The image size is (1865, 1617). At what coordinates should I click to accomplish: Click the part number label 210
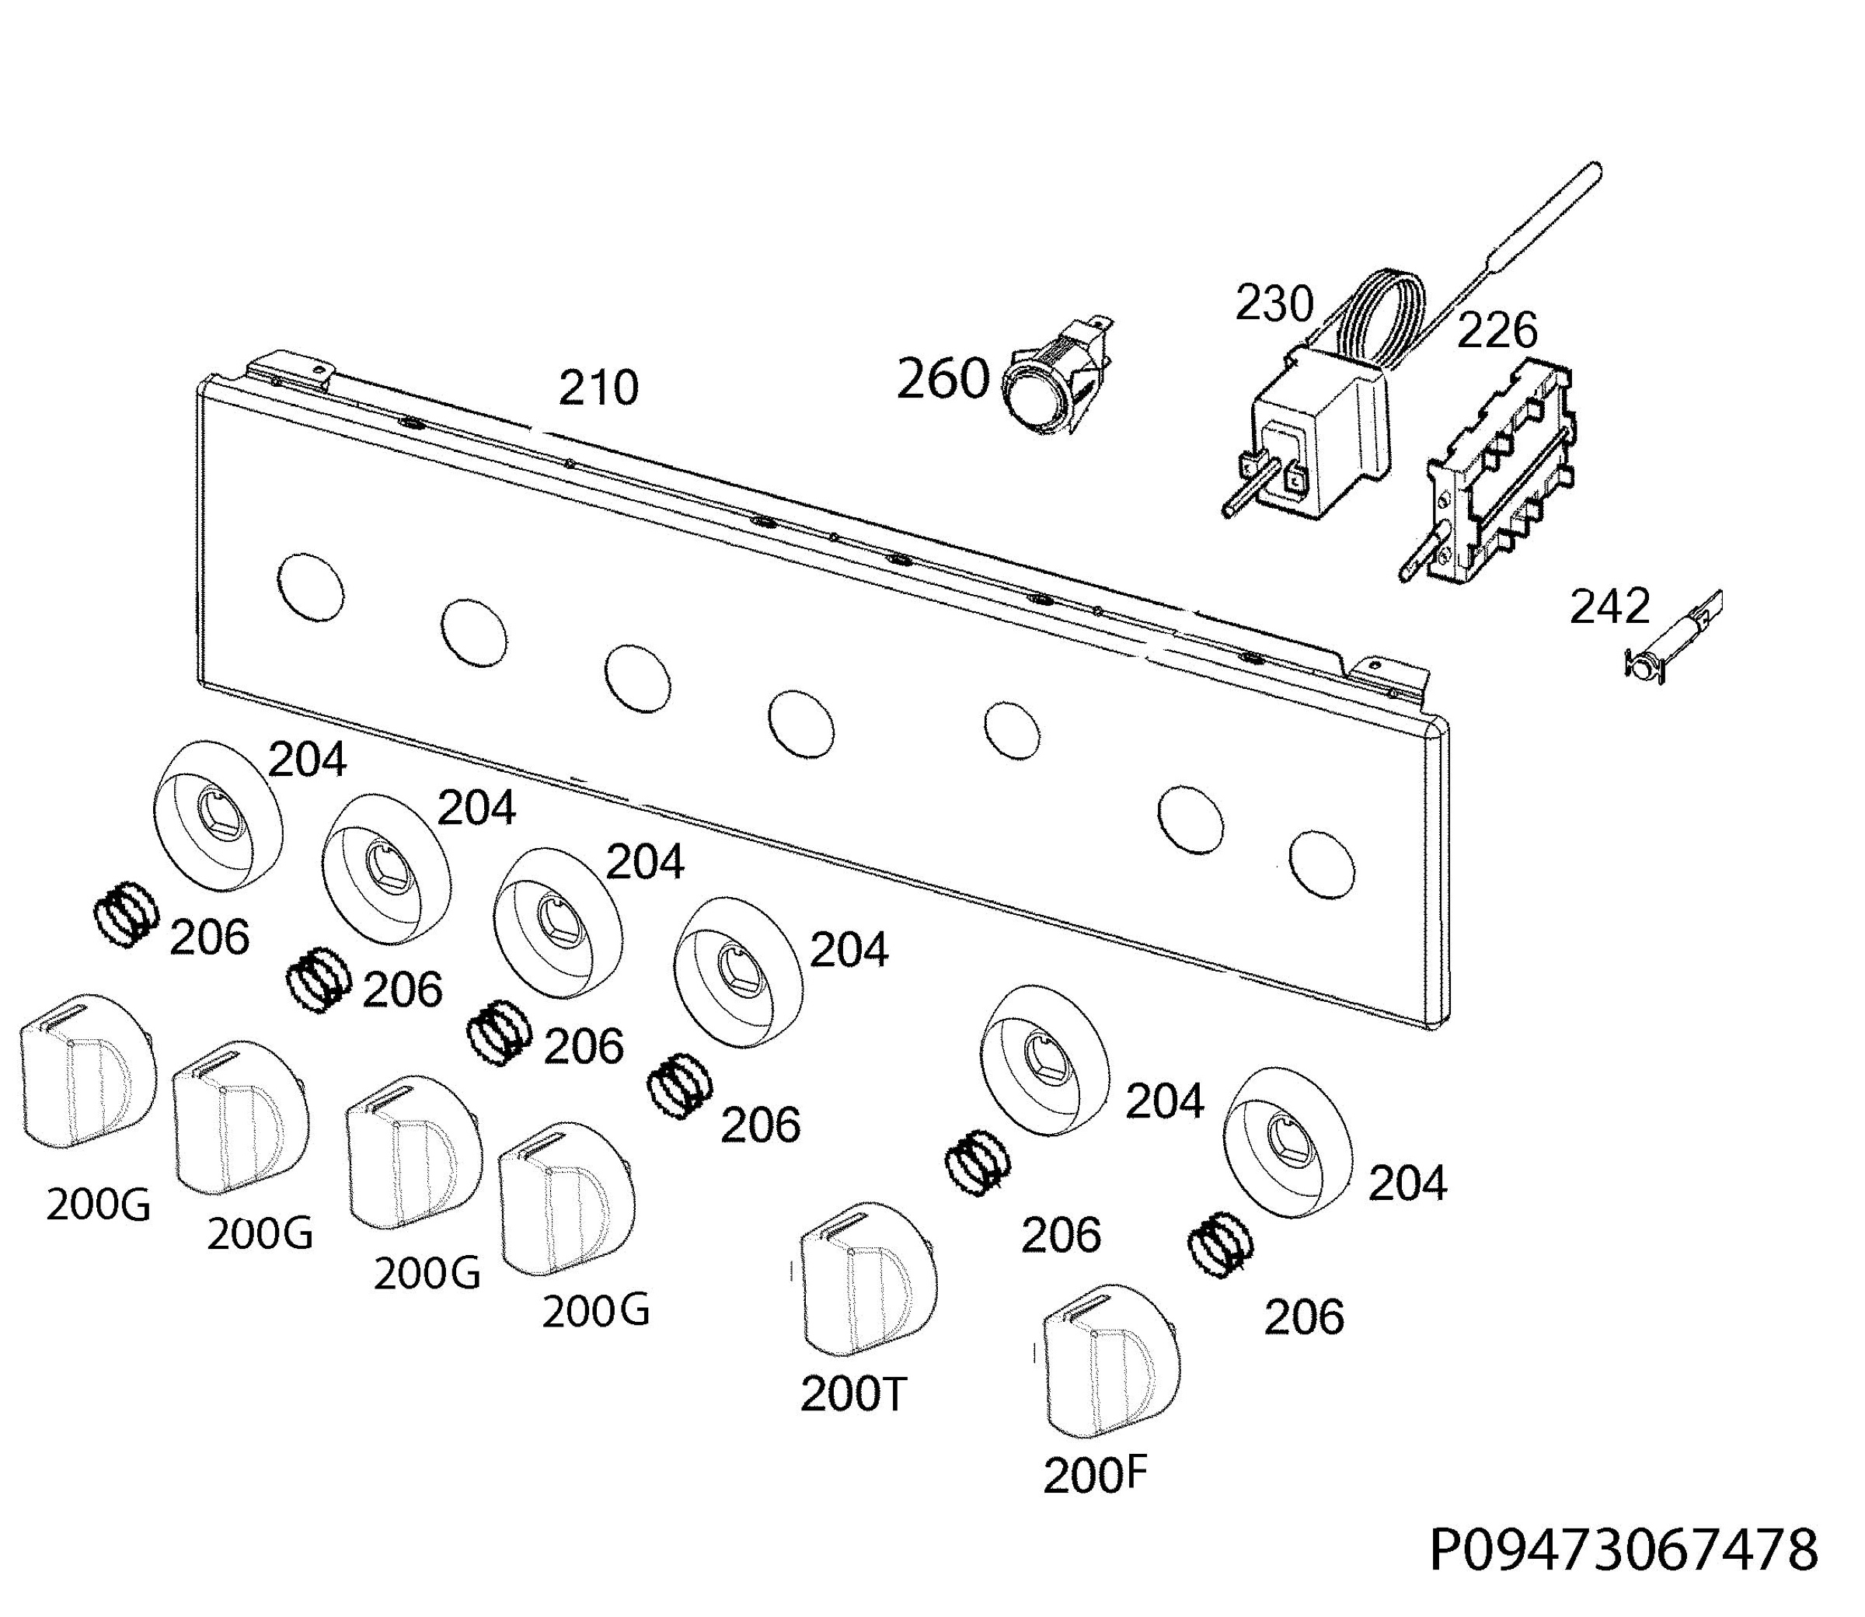(x=598, y=388)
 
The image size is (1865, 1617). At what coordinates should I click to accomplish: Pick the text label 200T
(x=852, y=1395)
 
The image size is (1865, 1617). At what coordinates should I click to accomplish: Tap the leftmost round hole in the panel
(x=312, y=586)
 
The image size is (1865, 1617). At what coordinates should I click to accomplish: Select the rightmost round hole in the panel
(x=1323, y=864)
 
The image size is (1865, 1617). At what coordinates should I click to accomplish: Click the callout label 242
(x=1609, y=607)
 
